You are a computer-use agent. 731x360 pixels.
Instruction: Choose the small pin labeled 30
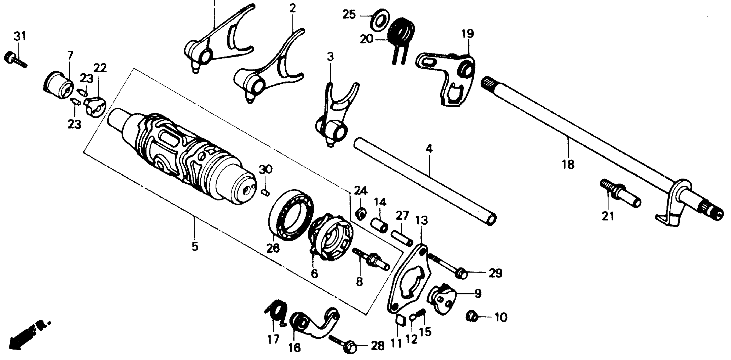(265, 192)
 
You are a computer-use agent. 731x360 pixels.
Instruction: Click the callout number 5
(195, 246)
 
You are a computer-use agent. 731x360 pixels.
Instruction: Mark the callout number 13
(422, 221)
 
